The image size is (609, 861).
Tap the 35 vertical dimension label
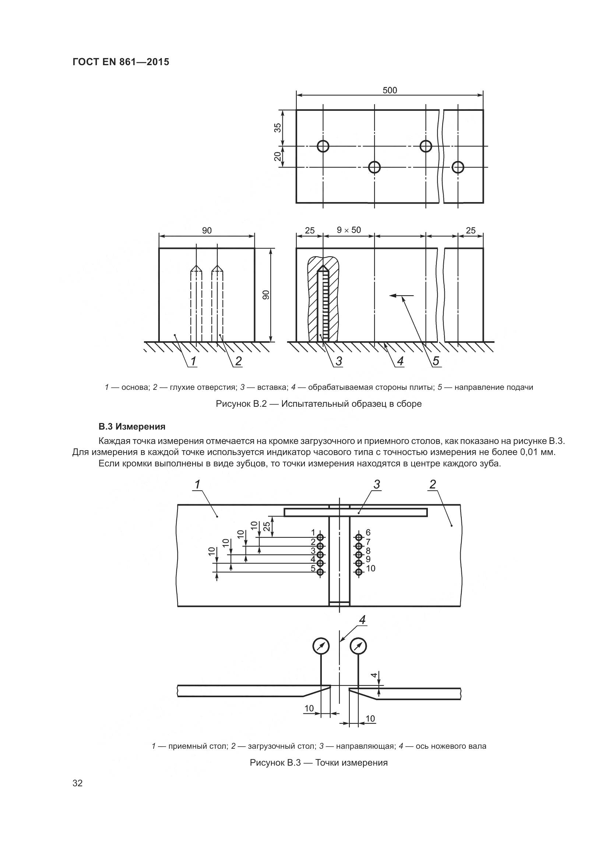pyautogui.click(x=278, y=127)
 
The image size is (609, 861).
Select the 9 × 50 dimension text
pyautogui.click(x=348, y=230)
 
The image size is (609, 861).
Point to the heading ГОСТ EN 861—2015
pyautogui.click(x=121, y=62)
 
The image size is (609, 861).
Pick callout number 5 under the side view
pyautogui.click(x=436, y=361)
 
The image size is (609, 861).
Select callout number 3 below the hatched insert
pyautogui.click(x=339, y=361)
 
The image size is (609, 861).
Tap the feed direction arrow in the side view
pyautogui.click(x=402, y=296)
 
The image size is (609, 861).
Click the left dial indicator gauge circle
pyautogui.click(x=321, y=646)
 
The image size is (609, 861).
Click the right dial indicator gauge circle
pyautogui.click(x=358, y=646)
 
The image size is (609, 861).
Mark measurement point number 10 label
pyautogui.click(x=370, y=568)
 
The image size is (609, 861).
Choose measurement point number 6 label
pyautogui.click(x=368, y=533)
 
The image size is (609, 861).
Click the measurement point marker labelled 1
pyautogui.click(x=321, y=537)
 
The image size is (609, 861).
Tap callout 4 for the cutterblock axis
pyautogui.click(x=362, y=620)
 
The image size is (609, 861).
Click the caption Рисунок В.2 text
pyautogui.click(x=318, y=404)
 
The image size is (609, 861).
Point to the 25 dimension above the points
pyautogui.click(x=267, y=526)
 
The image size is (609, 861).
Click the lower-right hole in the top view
pyautogui.click(x=458, y=167)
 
